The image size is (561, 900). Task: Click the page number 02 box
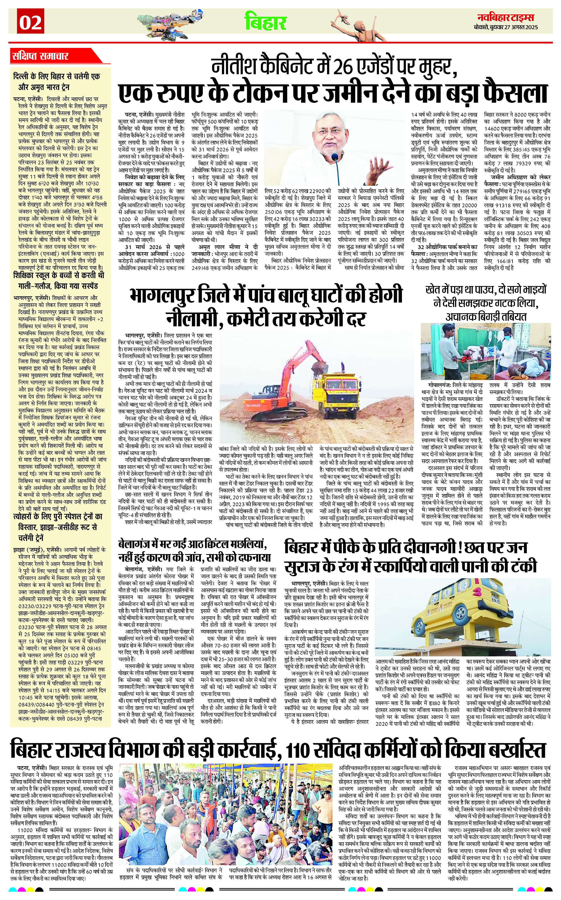pos(30,23)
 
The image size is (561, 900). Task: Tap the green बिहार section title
pos(265,22)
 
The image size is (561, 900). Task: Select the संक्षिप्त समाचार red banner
pos(41,56)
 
